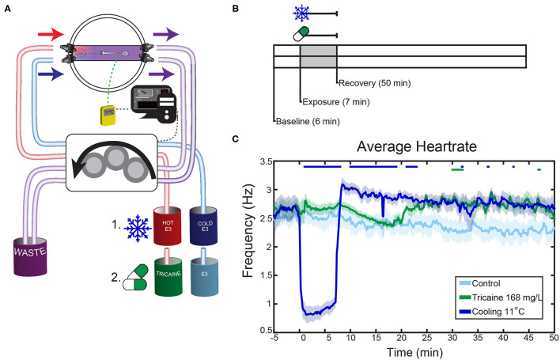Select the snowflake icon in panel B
coord(301,13)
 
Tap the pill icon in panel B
coord(301,35)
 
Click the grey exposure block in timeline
coord(319,61)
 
